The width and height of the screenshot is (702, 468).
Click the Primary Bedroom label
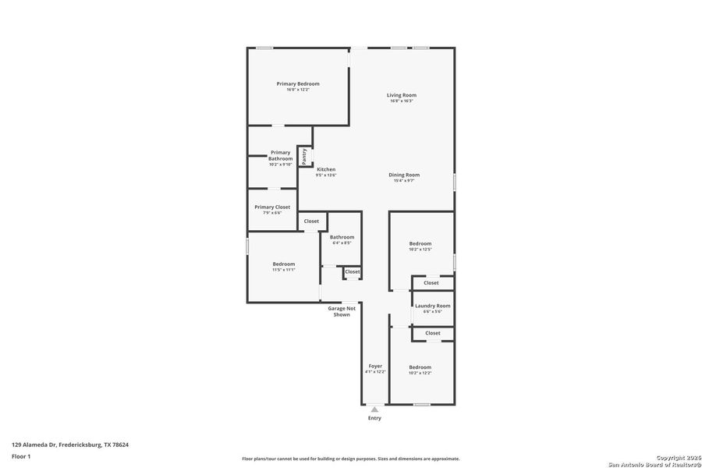(298, 83)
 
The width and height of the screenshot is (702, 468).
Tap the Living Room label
(401, 95)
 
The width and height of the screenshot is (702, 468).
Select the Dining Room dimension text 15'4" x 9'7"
(404, 181)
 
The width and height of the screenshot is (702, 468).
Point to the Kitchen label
(326, 169)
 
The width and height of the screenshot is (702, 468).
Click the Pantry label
(305, 157)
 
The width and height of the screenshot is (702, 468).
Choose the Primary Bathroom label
(280, 155)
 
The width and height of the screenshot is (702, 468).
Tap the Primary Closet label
(272, 207)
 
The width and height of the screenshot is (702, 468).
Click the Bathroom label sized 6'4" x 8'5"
(342, 237)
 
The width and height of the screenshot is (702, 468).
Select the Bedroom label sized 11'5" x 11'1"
(284, 264)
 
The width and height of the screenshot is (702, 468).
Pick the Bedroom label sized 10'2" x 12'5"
(420, 243)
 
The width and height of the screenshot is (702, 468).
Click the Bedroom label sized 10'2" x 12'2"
(420, 367)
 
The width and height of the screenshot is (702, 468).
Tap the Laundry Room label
(432, 306)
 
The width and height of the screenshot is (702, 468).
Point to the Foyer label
(375, 365)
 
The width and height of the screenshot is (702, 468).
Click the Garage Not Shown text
(342, 311)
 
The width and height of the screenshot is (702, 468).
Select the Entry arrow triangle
(375, 409)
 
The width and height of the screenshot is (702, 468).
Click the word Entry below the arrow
(375, 418)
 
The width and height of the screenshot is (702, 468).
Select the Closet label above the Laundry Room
(431, 283)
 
